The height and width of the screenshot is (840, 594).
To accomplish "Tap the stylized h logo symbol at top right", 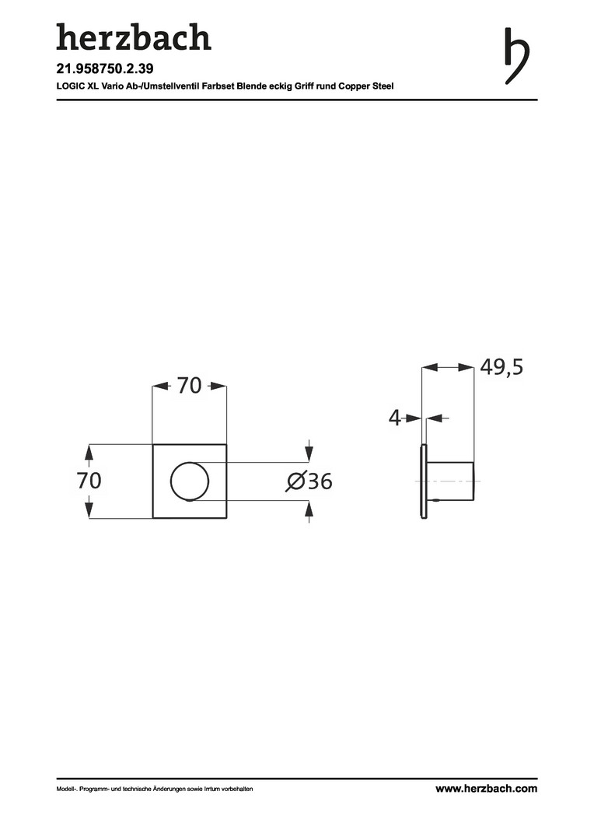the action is point(516,56).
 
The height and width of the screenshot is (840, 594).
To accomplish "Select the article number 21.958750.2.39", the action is point(105,68).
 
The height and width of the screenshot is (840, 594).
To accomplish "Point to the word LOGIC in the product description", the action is point(68,86).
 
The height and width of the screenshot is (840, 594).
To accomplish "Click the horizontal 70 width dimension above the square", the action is point(189,385).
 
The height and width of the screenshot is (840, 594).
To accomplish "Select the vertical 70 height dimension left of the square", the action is point(89,481).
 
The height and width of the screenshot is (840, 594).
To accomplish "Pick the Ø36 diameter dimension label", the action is point(309,481).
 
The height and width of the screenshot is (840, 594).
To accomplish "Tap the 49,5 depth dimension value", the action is point(501,367).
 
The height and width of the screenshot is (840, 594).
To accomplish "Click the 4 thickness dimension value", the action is point(395,418).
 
